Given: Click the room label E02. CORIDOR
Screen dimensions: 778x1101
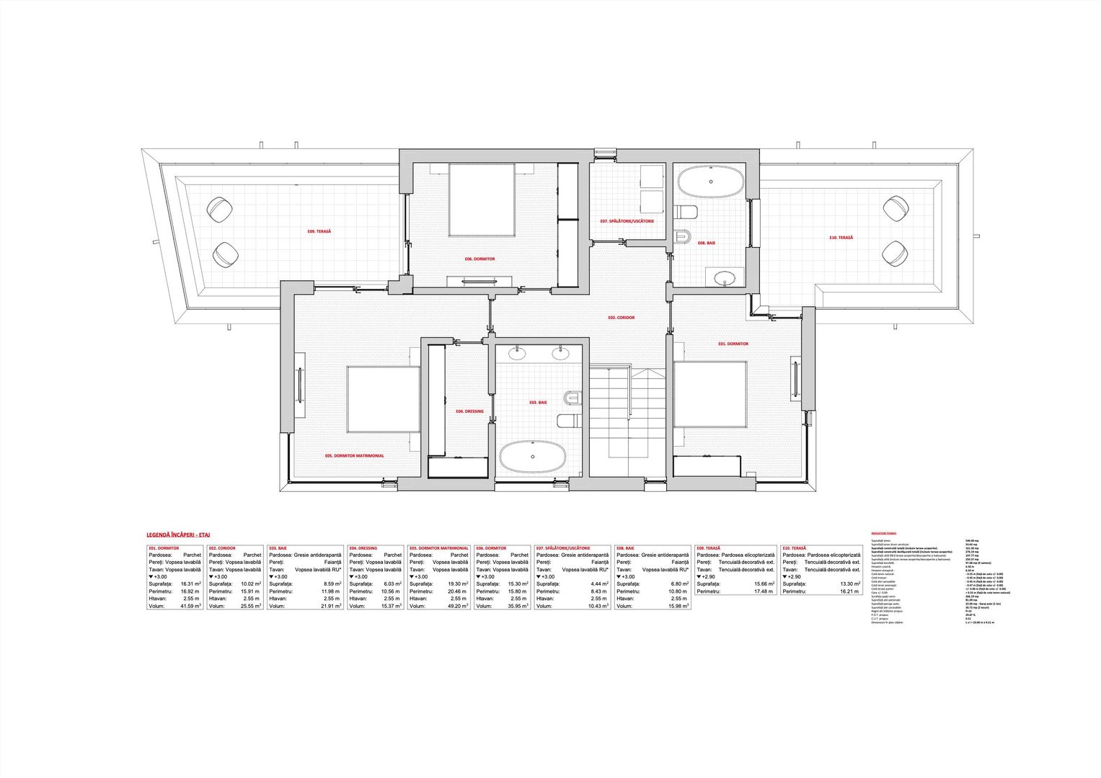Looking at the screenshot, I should pos(621,317).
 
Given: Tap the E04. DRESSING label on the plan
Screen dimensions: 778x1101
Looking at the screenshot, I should pos(469,411).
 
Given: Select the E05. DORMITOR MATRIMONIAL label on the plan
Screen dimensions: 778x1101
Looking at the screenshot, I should pos(354,455).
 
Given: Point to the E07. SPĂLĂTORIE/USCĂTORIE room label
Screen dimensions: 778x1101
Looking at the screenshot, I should pos(627,221).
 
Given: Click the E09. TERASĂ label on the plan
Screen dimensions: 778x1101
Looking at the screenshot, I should pos(319,231).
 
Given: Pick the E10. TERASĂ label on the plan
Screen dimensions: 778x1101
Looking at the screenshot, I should pos(841,237).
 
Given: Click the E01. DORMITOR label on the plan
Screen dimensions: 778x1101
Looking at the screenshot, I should pos(733,344).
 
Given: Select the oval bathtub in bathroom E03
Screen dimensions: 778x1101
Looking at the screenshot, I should pos(533,457).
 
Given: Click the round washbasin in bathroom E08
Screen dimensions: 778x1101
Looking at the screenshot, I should pos(723,277).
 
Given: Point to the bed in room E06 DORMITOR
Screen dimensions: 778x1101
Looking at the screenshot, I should pos(482,200).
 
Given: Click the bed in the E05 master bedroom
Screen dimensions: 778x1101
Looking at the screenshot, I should pos(384,399).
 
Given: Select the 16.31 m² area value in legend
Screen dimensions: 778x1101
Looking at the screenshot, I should pos(190,583).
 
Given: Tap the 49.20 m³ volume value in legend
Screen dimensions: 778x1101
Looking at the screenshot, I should pos(457,606).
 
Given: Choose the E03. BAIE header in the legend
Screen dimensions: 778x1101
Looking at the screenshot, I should pos(278,548).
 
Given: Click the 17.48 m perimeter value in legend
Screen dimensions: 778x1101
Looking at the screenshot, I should pos(763,591).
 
